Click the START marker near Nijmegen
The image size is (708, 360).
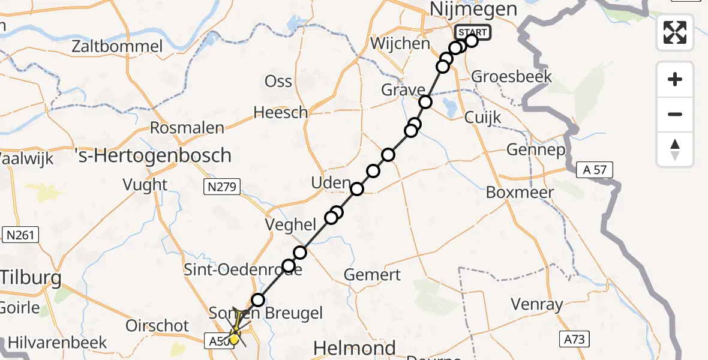click(473, 32)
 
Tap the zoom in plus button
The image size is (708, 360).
click(675, 79)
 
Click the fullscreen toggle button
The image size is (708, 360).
click(675, 32)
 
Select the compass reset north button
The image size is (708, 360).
click(675, 149)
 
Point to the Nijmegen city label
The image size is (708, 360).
click(474, 10)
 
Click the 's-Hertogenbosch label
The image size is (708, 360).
click(154, 155)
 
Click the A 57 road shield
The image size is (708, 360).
click(595, 170)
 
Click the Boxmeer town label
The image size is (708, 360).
click(520, 193)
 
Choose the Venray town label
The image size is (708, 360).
click(538, 304)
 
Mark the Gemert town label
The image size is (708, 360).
click(372, 275)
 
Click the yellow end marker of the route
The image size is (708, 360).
click(233, 340)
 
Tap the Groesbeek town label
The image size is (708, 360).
click(503, 77)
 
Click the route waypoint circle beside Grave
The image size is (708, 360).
click(425, 102)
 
